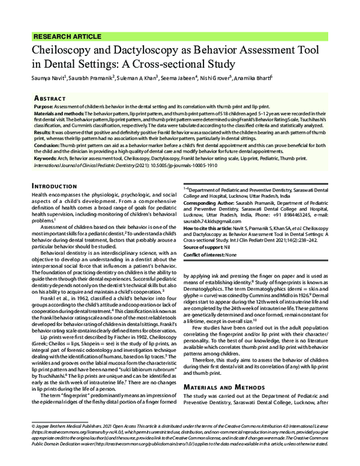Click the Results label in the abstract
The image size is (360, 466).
[43, 131]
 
